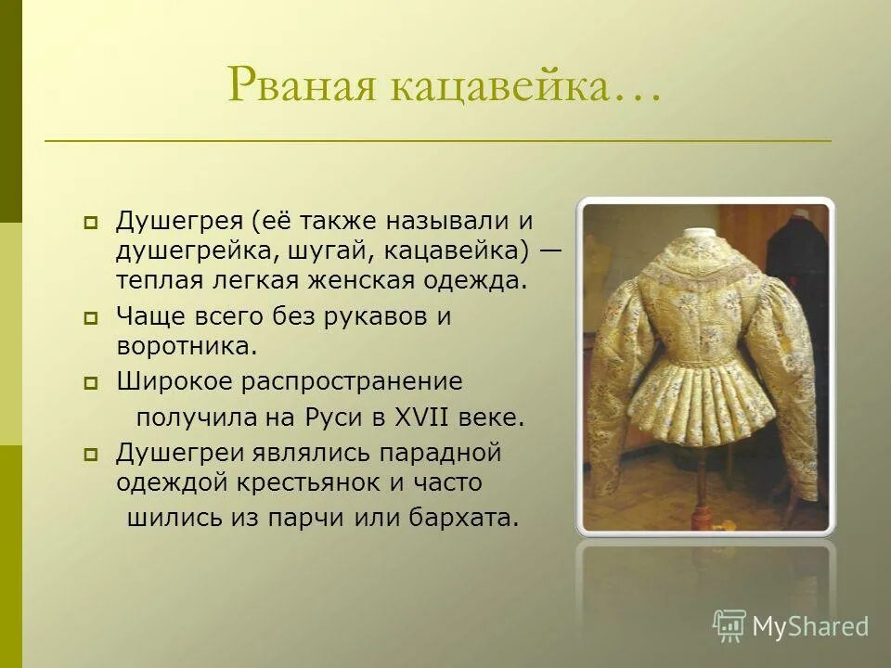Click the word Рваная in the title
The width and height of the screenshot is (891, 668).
click(x=295, y=85)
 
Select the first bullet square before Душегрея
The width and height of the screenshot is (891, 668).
click(x=91, y=223)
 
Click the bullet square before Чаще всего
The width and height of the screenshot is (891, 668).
click(x=91, y=318)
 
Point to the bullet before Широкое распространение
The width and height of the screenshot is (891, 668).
click(x=91, y=382)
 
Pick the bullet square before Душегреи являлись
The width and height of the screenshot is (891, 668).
click(x=91, y=455)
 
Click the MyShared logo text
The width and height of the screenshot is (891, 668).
click(x=810, y=626)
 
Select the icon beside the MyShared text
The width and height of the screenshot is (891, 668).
click(x=730, y=625)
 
